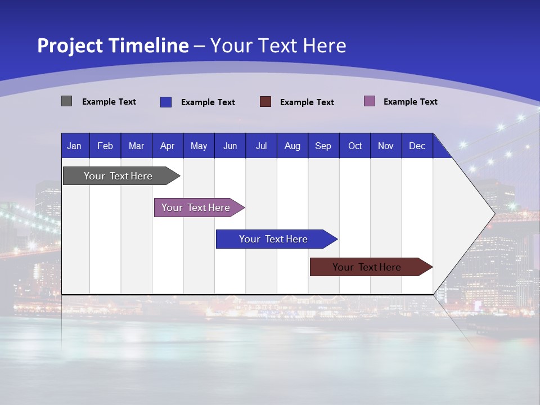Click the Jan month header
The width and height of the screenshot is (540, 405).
[74, 146]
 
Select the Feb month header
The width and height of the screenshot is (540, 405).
[105, 146]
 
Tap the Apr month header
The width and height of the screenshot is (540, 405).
[168, 146]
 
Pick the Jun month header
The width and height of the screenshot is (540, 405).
[230, 146]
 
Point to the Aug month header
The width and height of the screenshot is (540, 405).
[292, 146]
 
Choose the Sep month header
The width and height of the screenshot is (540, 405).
[323, 146]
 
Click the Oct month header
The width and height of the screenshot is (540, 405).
[355, 146]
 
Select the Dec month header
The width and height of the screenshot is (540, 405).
[417, 146]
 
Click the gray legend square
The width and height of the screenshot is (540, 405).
[66, 101]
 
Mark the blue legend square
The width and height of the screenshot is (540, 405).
[166, 102]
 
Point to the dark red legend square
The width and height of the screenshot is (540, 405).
[265, 102]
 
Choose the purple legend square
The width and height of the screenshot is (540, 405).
[370, 101]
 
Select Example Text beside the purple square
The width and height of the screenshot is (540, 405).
[410, 102]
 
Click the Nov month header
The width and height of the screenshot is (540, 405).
[386, 146]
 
